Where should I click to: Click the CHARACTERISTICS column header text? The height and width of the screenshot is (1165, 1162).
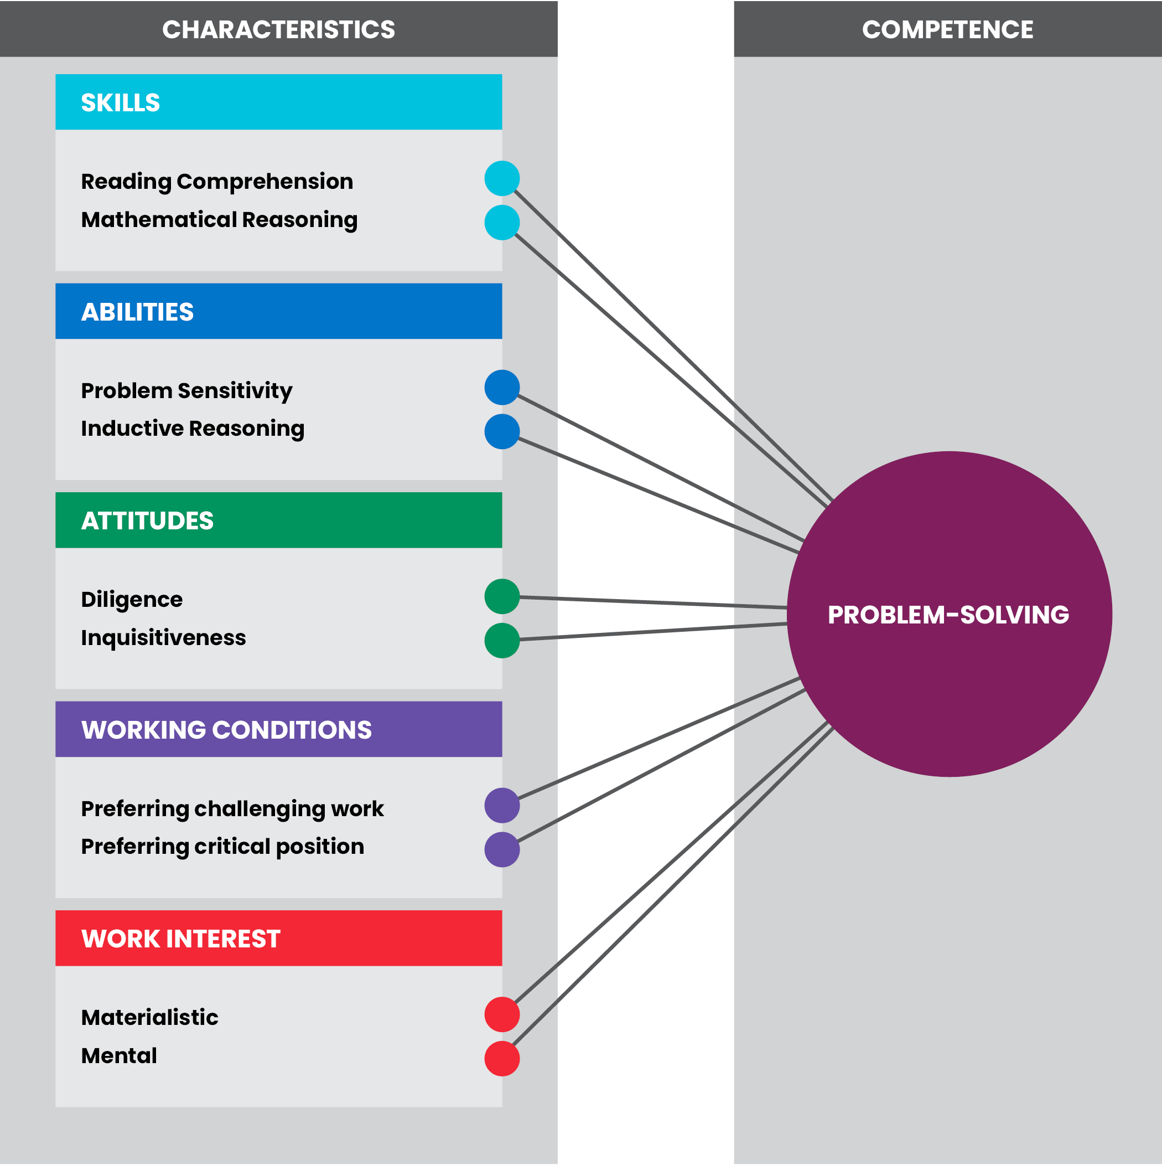pyautogui.click(x=278, y=29)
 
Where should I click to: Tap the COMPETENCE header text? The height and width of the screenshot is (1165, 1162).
pyautogui.click(x=947, y=29)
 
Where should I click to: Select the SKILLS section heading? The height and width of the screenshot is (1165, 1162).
pyautogui.click(x=121, y=102)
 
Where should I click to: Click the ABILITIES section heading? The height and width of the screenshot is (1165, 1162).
pyautogui.click(x=137, y=312)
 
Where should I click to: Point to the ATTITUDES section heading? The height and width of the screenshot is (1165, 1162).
pyautogui.click(x=147, y=520)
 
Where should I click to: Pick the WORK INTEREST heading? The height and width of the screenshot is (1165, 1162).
pyautogui.click(x=181, y=939)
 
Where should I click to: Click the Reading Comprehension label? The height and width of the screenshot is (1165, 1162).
pyautogui.click(x=217, y=182)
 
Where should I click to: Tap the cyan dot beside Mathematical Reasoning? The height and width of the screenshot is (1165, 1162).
pyautogui.click(x=502, y=223)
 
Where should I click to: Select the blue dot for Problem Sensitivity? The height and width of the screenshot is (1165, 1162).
pyautogui.click(x=502, y=387)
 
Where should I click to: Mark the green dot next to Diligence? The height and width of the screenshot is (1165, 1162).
pyautogui.click(x=502, y=596)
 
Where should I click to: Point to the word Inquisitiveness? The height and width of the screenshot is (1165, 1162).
pyautogui.click(x=163, y=637)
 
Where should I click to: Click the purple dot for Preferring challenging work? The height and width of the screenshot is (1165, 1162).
pyautogui.click(x=502, y=805)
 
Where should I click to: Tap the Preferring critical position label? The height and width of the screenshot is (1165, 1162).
pyautogui.click(x=222, y=846)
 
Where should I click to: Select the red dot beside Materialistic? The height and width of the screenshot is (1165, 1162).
pyautogui.click(x=502, y=1014)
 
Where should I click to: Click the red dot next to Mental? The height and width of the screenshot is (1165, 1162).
pyautogui.click(x=502, y=1058)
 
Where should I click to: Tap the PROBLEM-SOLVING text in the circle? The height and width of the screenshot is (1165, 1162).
pyautogui.click(x=948, y=615)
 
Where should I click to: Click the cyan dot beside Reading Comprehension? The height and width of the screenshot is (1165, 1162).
pyautogui.click(x=502, y=178)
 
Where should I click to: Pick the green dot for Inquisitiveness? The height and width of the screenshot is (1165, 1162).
pyautogui.click(x=502, y=641)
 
